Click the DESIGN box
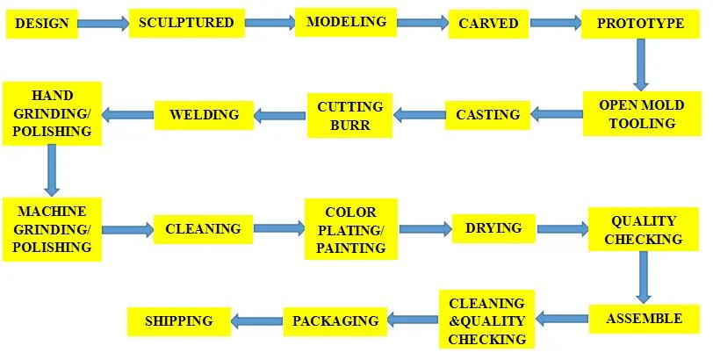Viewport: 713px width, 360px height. [41, 23]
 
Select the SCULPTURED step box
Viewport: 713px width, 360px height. [186, 23]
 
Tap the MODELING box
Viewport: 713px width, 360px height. [346, 22]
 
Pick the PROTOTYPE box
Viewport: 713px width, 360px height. [640, 24]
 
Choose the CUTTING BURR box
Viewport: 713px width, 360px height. [349, 115]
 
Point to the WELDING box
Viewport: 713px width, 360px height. [204, 114]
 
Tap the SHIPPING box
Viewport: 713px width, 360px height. [178, 321]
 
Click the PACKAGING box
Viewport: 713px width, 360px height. [335, 321]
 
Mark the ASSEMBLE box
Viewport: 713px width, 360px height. [644, 319]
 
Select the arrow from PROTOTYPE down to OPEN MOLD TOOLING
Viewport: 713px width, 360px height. [642, 65]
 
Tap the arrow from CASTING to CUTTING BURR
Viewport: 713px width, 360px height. [419, 114]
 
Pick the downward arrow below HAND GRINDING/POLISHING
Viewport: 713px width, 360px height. [52, 169]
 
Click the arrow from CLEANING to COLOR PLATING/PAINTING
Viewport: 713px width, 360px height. [279, 229]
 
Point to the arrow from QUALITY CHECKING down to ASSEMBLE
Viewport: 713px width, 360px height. [645, 277]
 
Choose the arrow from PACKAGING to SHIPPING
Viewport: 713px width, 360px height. [256, 321]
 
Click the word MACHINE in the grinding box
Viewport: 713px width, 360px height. [52, 212]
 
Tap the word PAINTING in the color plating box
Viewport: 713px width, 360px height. [350, 248]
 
